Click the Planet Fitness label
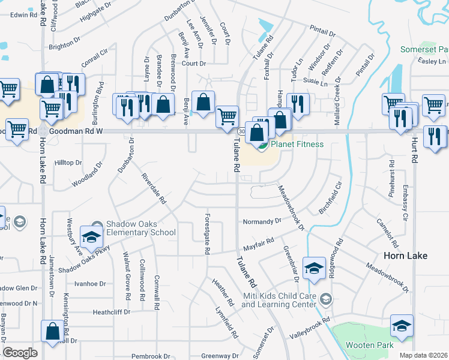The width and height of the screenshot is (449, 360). (x=297, y=144)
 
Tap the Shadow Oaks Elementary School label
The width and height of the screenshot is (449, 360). (x=140, y=228)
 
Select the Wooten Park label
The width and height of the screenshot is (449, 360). (x=370, y=345)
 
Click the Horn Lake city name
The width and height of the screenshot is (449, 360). (x=405, y=256)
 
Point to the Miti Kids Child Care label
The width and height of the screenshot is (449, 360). (x=279, y=300)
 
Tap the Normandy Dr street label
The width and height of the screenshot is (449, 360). (x=262, y=221)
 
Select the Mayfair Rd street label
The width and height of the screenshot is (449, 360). (x=259, y=244)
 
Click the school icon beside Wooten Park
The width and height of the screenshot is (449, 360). (x=402, y=326)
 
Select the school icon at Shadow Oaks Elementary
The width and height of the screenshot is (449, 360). (x=92, y=238)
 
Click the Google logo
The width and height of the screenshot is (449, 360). (x=20, y=353)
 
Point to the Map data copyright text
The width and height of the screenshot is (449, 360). (x=424, y=355)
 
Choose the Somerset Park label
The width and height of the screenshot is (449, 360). (x=424, y=48)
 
